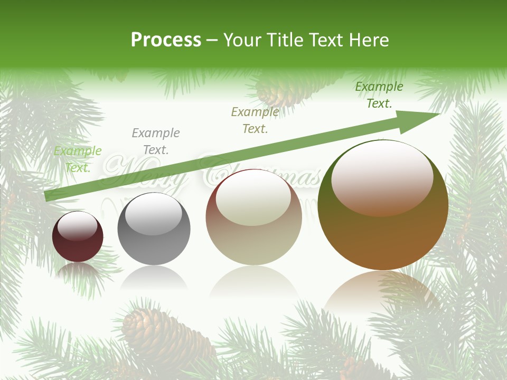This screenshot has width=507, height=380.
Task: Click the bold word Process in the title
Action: [166, 40]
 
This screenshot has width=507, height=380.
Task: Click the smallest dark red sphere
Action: [78, 237]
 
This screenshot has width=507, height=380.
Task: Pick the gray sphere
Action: [154, 230]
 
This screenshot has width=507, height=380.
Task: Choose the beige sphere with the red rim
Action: [253, 217]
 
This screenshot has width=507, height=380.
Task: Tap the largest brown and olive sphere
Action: [383, 205]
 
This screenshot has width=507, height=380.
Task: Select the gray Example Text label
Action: [156, 141]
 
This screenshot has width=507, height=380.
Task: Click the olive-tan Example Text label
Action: [255, 120]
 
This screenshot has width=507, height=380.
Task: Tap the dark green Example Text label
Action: [379, 95]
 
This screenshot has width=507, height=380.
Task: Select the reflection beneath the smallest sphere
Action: [78, 272]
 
